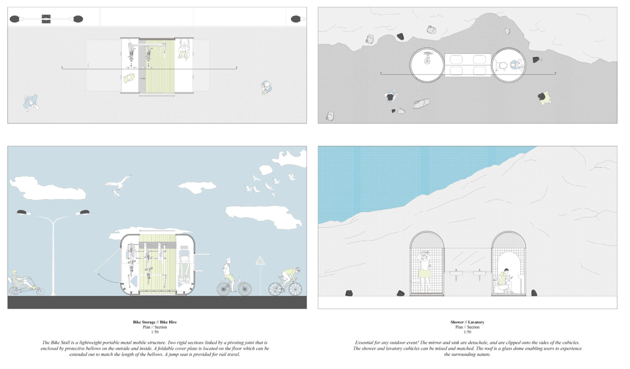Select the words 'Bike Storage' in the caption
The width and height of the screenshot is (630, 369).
144,322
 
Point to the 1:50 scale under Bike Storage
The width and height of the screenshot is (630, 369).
155,332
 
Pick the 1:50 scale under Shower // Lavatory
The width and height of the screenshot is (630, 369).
467,332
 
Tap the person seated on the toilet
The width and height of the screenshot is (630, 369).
505,281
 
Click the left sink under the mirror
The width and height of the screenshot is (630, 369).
456,274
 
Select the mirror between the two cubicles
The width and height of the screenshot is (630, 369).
468,259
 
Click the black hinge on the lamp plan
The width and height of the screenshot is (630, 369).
46,19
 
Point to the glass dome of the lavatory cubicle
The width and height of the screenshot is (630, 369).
509,240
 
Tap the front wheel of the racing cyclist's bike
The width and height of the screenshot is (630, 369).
295,289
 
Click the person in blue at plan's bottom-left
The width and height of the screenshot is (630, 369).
31,102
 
